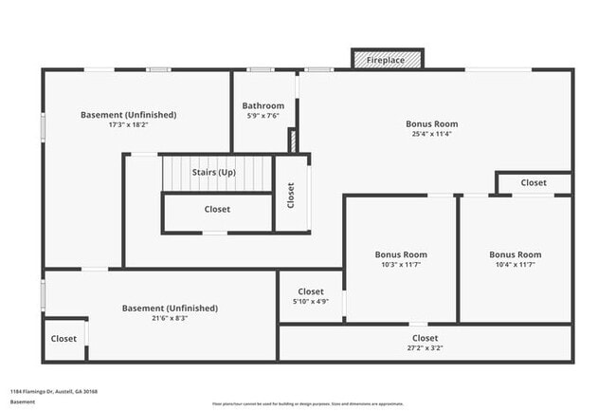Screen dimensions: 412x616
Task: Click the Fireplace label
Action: point(387,61)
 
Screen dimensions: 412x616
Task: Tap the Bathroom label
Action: point(263,105)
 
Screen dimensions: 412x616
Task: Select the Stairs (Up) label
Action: point(213,173)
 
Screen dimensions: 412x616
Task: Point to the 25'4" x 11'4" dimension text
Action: point(431,134)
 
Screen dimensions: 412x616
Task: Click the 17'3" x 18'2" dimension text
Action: point(128,124)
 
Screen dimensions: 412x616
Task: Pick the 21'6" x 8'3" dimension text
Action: point(170,318)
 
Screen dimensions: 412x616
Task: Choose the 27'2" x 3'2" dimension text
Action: point(425,348)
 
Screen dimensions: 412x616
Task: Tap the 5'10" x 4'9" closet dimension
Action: point(311,302)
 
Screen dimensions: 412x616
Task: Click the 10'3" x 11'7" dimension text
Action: point(401,265)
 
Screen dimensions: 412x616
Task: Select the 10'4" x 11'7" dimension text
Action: point(515,265)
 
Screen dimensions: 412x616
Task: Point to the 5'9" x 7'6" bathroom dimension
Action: point(263,116)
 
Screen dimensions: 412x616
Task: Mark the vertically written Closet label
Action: point(291,195)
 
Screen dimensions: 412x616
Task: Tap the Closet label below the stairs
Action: point(217,209)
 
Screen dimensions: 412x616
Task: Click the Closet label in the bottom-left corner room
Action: point(63,338)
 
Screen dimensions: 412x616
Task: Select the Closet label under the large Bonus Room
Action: point(534,182)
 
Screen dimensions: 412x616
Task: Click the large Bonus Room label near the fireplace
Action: point(431,123)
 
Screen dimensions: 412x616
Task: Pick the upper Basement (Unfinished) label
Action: point(128,114)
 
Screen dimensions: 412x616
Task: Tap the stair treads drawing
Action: point(216,174)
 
